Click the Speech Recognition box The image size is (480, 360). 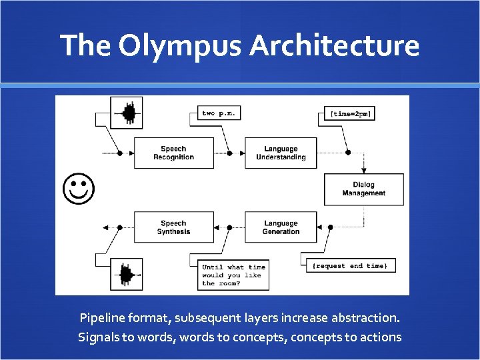[174, 153]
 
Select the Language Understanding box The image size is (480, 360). [281, 153]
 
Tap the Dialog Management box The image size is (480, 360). [364, 189]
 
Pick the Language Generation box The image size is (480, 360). [281, 227]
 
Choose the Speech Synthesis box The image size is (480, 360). [174, 227]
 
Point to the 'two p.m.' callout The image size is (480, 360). [219, 113]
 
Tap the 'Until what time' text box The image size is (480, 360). [233, 275]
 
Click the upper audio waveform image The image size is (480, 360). [128, 114]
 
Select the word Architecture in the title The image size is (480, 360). [335, 46]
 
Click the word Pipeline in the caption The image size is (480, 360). [104, 317]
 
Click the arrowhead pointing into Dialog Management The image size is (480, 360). [364, 170]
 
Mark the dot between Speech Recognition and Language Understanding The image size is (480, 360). [229, 153]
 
